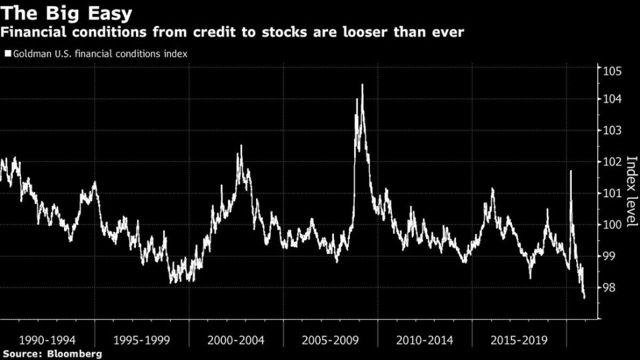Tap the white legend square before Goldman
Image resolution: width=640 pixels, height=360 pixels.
coord(8,53)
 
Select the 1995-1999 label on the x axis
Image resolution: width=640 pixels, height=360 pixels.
coord(141,340)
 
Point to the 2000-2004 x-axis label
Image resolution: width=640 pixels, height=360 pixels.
coord(236,340)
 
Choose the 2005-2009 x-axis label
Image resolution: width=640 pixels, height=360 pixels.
coord(331,340)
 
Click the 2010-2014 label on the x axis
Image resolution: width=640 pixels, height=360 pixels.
coord(425,340)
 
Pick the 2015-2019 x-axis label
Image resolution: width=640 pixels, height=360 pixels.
coord(519,340)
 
